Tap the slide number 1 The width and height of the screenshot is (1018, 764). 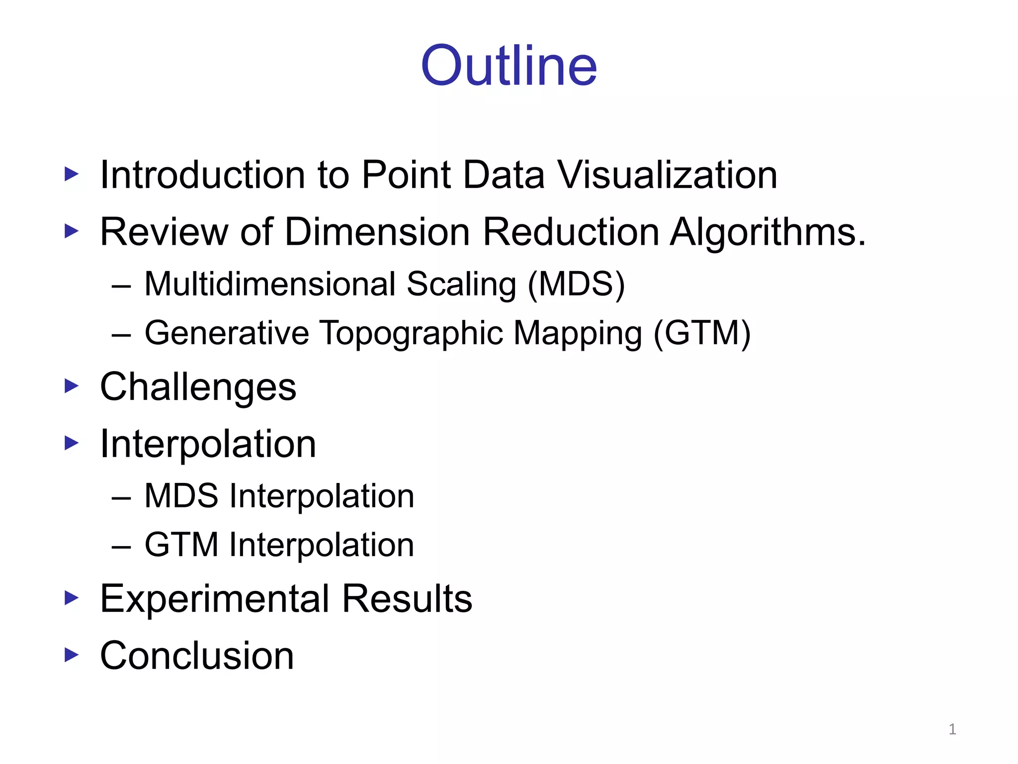pos(952,729)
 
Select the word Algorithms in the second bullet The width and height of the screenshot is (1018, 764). pos(767,232)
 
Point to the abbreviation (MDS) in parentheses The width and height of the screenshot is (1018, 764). pos(576,285)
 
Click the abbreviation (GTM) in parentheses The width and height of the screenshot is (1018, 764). pos(702,333)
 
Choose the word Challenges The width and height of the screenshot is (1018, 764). pos(198,387)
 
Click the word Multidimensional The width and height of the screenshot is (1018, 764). pos(270,285)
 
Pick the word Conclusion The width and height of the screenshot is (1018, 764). pos(197,656)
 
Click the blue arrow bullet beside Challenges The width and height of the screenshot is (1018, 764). pos(72,386)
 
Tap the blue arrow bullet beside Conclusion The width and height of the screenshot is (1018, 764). pos(72,655)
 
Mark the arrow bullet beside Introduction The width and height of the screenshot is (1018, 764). pos(72,174)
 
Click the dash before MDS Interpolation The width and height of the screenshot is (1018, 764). pos(121,497)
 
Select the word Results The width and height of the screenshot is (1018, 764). pos(407,598)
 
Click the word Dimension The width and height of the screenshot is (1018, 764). pos(378,232)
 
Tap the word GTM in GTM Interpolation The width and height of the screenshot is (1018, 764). pos(181,545)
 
